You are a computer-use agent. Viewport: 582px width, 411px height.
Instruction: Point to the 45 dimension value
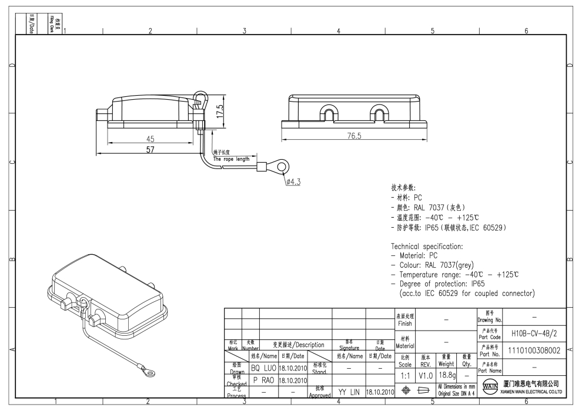150,139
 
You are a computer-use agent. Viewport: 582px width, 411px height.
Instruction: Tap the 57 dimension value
150,150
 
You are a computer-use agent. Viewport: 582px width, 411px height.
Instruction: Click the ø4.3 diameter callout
293,181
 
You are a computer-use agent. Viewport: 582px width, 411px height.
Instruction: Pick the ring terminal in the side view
282,169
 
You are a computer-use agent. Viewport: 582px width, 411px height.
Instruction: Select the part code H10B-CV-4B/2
534,333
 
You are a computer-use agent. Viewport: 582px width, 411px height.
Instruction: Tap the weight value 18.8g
449,374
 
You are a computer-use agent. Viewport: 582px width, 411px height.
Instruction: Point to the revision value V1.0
427,374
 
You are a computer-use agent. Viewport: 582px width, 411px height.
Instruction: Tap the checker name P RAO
263,379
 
